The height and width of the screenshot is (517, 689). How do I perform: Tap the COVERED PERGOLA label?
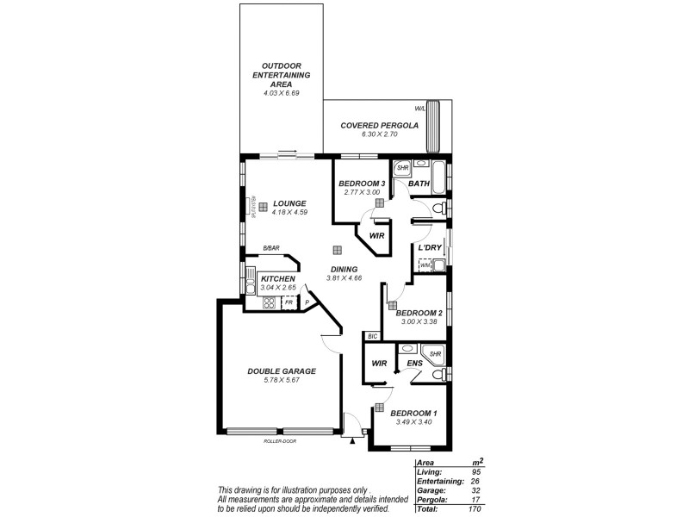[x=379, y=125]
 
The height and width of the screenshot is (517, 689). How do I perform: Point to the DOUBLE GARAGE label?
[x=282, y=371]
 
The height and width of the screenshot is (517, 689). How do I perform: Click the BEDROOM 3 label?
[x=362, y=184]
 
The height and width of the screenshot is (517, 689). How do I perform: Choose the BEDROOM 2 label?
[x=419, y=313]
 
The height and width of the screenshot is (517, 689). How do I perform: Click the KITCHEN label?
[x=278, y=279]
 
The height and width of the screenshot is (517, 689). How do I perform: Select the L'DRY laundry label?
[x=430, y=248]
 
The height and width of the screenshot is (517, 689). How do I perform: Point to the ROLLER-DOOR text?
[x=282, y=441]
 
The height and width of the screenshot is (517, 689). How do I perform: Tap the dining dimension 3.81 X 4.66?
[x=344, y=277]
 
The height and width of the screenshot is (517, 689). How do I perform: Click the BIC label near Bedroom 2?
[x=372, y=336]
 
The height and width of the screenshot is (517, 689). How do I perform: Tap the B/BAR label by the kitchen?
[x=271, y=248]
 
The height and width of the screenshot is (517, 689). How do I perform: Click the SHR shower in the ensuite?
[x=435, y=353]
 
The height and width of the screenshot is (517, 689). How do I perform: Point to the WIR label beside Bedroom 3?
[x=376, y=234]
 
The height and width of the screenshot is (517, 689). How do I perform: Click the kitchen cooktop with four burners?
[x=268, y=302]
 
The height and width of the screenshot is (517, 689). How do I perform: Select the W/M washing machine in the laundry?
[x=425, y=265]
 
